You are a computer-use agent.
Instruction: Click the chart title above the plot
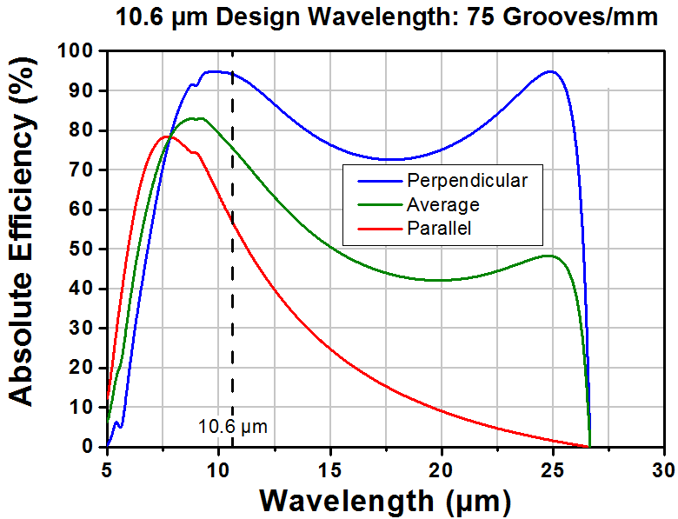point(387,18)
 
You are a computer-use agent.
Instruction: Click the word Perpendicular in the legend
point(468,181)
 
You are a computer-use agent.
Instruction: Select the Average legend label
point(443,204)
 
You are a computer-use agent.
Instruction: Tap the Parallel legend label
point(439,229)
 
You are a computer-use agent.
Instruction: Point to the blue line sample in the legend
point(380,181)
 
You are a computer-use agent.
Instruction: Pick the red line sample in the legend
point(380,229)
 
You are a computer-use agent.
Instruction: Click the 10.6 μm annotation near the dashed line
point(233,427)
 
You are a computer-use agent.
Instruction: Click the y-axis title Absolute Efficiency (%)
point(21,232)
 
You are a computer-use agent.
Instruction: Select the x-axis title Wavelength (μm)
point(385,501)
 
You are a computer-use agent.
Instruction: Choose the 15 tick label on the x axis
point(330,469)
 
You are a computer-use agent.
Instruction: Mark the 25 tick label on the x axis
point(553,469)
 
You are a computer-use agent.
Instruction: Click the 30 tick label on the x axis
point(665,469)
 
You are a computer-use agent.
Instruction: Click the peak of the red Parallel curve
point(166,136)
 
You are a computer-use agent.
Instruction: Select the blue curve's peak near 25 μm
point(550,71)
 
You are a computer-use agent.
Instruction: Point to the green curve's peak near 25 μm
point(548,256)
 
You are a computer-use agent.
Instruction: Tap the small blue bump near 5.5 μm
point(116,422)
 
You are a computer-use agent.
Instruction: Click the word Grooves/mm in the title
point(582,18)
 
